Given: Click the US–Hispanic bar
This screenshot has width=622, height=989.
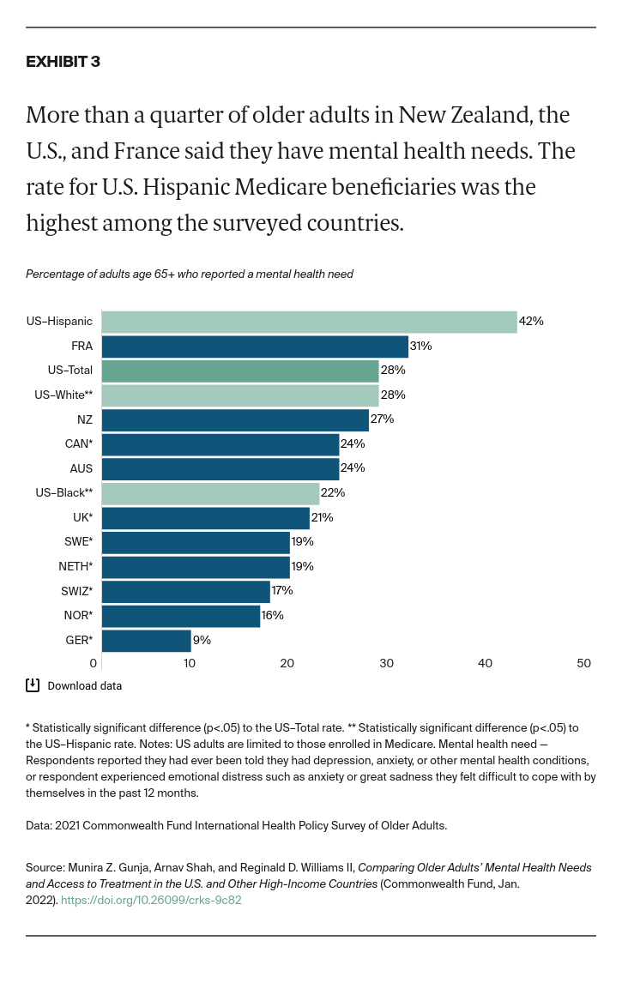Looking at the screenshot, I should pos(309,322).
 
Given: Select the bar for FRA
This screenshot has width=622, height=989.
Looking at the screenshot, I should pos(255,347).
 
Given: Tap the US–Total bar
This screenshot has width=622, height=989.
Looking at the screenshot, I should pos(240,371).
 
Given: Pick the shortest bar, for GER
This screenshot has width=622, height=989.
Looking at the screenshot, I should pos(147,640).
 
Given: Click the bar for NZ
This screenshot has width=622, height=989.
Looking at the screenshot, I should pos(235,419).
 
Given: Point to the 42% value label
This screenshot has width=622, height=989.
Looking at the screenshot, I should pos(531,322).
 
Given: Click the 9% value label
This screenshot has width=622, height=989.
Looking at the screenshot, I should pos(202,640).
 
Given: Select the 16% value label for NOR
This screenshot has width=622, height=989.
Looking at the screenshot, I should pos(272,616).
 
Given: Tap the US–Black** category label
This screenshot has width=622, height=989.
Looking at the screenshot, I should pos(70,493).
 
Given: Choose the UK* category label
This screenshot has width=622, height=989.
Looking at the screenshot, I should pos(82,517).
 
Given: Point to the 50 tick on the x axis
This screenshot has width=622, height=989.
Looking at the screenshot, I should pos(584,663).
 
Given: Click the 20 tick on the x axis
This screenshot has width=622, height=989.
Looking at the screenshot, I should pos(287,663).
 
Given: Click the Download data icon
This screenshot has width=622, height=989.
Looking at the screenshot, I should pos(33,685).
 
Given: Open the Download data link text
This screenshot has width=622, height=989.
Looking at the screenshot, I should pos(84,686).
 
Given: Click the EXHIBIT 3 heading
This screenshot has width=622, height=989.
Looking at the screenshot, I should pos(63,62).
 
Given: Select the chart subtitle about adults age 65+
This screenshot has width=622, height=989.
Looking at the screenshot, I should pos(189,274).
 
